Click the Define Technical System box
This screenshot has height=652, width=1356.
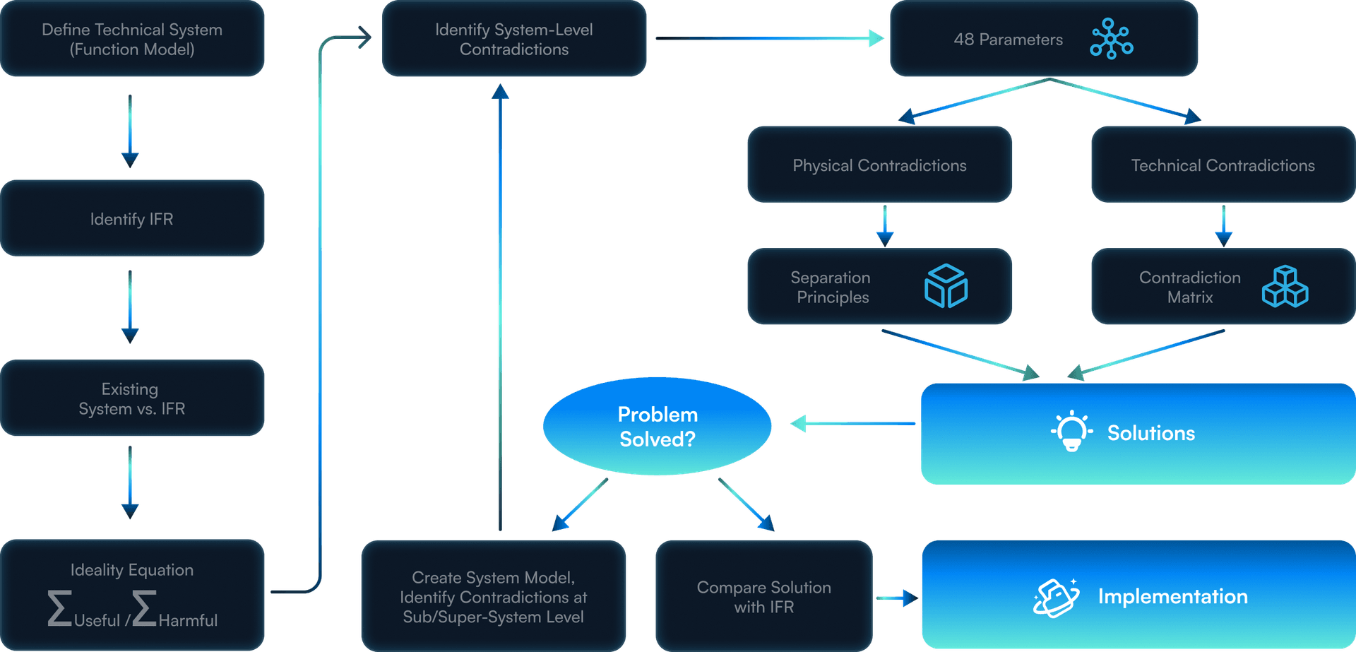pyautogui.click(x=132, y=39)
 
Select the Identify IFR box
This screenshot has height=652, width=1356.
pyautogui.click(x=132, y=218)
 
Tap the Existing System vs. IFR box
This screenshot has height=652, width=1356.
pyautogui.click(x=132, y=398)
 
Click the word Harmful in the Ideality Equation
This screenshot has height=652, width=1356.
pyautogui.click(x=187, y=620)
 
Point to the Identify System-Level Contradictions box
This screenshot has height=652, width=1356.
pyautogui.click(x=513, y=39)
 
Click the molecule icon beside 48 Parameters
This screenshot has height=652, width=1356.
pyautogui.click(x=1111, y=39)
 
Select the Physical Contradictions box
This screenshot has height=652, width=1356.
pyautogui.click(x=879, y=165)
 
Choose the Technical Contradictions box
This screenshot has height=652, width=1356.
pyautogui.click(x=1223, y=165)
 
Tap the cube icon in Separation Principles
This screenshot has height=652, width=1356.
pyautogui.click(x=946, y=286)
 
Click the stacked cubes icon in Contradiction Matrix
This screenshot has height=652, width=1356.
pyautogui.click(x=1285, y=286)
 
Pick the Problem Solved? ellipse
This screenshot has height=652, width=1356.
pyautogui.click(x=657, y=426)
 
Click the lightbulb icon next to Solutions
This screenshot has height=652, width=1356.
pyautogui.click(x=1071, y=431)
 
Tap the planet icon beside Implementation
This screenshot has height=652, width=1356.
pyautogui.click(x=1056, y=598)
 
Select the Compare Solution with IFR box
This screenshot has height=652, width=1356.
pyautogui.click(x=763, y=597)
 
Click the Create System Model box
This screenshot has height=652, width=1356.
pyautogui.click(x=493, y=597)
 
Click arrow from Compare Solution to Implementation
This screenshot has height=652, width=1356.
pyautogui.click(x=897, y=598)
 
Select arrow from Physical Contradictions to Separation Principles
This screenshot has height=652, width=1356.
pyautogui.click(x=885, y=226)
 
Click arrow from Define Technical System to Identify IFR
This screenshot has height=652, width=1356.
pyautogui.click(x=130, y=131)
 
